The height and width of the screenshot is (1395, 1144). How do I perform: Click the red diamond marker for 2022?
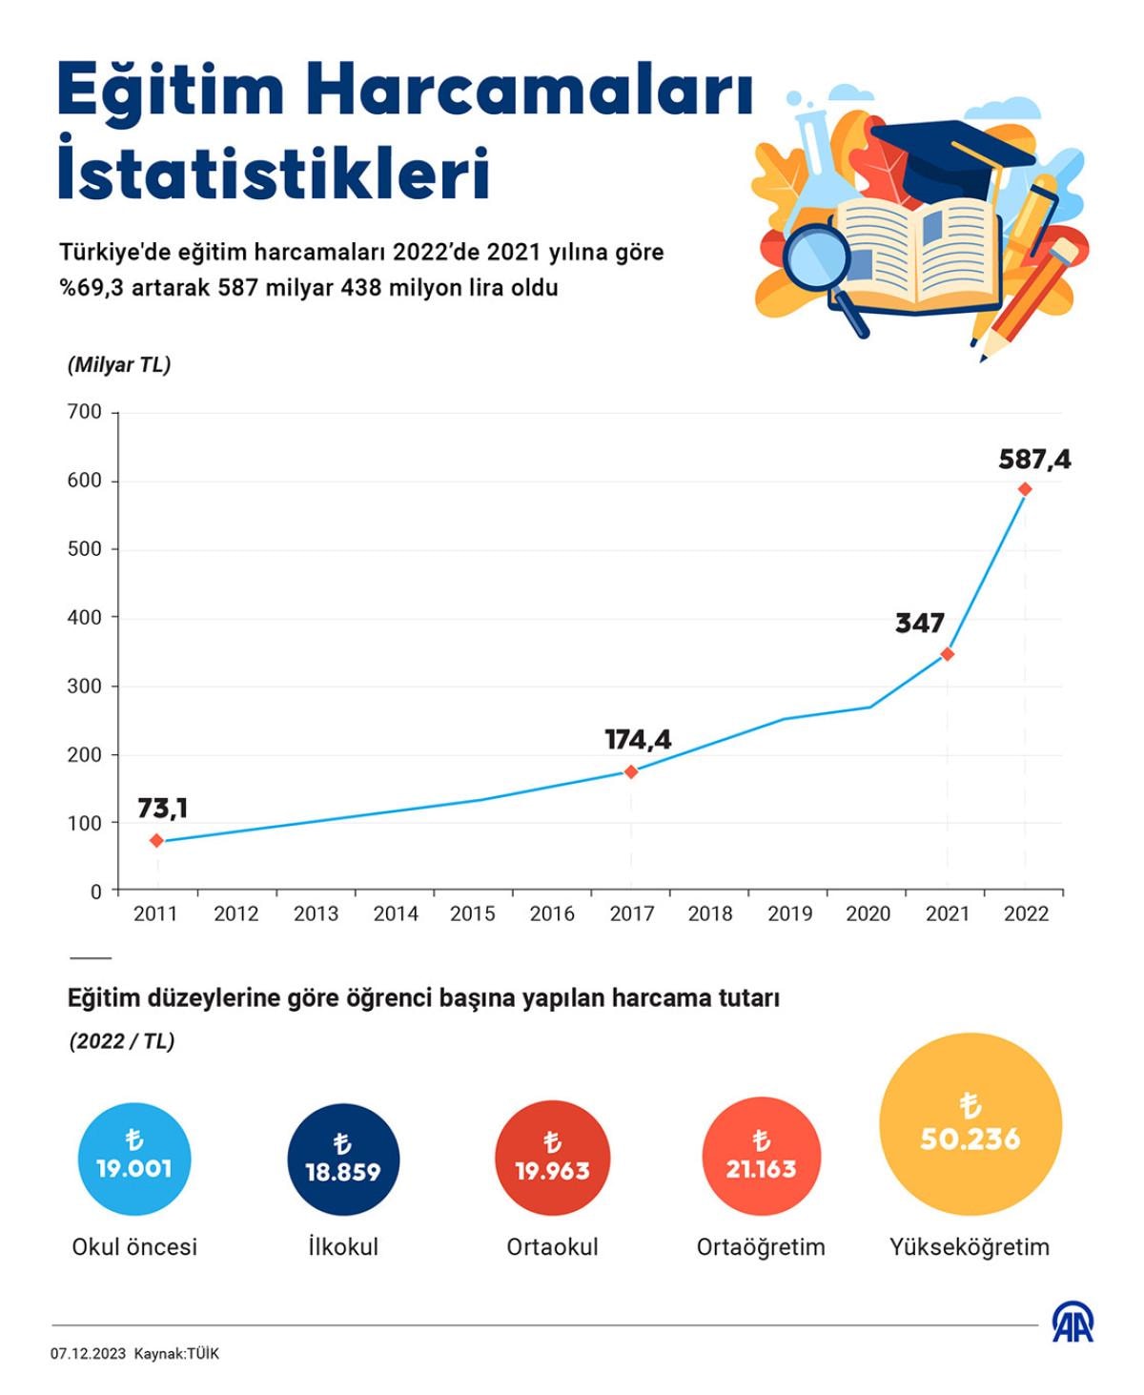coord(1025,489)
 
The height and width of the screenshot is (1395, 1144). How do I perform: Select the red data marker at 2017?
coord(631,771)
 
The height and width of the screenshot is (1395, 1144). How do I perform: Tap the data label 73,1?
coord(162,809)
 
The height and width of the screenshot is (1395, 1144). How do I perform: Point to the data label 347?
coord(919,624)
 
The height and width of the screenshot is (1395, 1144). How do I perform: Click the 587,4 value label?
coord(1034,460)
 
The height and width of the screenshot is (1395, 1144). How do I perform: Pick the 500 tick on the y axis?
coord(85,549)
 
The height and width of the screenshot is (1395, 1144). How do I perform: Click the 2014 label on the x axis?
coord(396,913)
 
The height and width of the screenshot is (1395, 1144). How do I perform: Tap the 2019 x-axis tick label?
coord(789,913)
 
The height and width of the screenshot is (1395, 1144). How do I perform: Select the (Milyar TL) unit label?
coord(119,365)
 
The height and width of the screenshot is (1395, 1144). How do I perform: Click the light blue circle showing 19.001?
coord(134,1159)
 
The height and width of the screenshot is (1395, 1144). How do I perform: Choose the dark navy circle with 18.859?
coord(343,1159)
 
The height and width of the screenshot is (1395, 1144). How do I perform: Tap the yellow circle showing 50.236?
coord(970,1124)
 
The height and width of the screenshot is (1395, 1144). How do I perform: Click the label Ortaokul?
coord(552,1247)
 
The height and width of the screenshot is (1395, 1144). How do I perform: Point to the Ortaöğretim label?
coord(761,1247)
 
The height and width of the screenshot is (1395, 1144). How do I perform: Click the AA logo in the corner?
coord(1072,1323)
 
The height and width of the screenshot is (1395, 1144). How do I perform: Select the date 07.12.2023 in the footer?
coord(88,1354)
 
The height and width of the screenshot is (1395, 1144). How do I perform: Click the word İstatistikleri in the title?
coord(274,174)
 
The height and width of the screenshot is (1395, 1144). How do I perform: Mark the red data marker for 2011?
coord(157,840)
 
